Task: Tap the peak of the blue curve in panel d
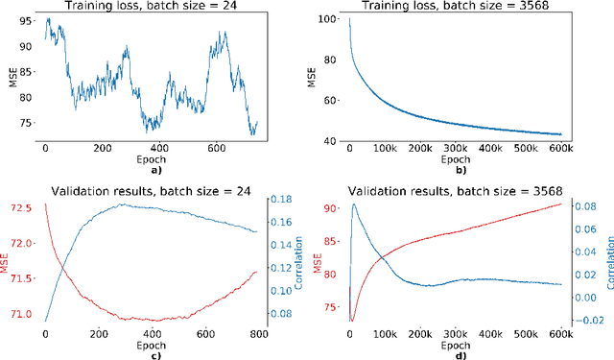[x=354, y=204]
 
